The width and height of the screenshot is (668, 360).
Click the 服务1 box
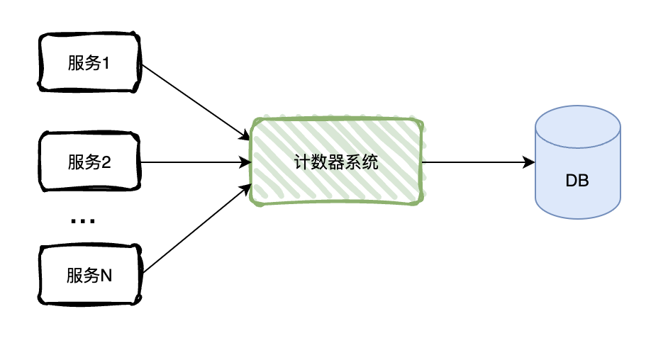click(x=89, y=63)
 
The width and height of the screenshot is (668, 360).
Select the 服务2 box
click(x=89, y=162)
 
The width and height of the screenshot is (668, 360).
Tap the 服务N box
click(x=89, y=276)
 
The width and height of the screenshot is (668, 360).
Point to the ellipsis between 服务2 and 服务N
click(x=83, y=222)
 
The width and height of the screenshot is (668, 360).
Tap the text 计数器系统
click(x=337, y=162)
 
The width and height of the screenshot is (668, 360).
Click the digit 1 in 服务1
click(x=107, y=64)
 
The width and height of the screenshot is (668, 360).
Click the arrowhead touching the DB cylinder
click(x=529, y=162)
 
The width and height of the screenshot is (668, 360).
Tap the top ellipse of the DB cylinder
click(x=577, y=126)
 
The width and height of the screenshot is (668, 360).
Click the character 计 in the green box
click(x=302, y=162)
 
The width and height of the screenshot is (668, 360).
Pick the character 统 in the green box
click(x=371, y=162)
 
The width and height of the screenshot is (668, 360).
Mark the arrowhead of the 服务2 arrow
click(x=247, y=162)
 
